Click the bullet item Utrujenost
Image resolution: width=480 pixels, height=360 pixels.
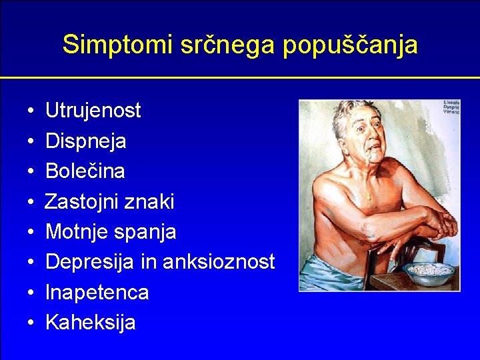93,111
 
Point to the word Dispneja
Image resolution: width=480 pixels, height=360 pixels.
86,141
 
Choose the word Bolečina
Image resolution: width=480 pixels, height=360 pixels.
85,171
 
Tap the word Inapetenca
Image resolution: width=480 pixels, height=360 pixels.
97,293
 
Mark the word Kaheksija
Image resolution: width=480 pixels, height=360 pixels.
90,323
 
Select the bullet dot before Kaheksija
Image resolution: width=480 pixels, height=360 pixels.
31,323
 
